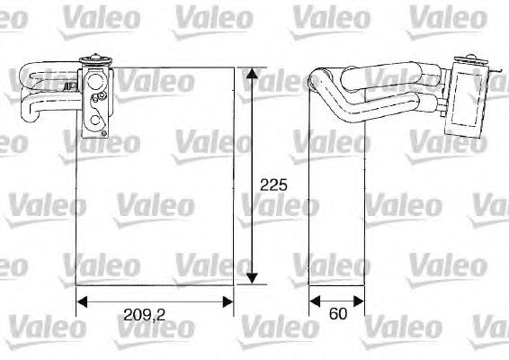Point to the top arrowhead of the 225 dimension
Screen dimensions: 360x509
[254, 72]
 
